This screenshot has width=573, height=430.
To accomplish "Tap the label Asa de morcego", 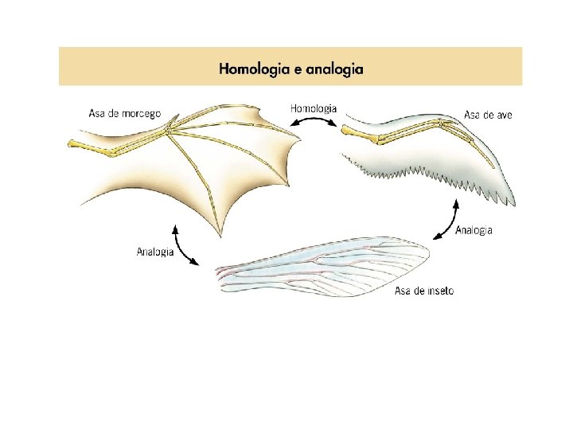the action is [124, 114].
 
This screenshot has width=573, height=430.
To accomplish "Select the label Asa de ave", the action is [488, 115].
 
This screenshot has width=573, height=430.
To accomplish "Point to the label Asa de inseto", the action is [424, 291].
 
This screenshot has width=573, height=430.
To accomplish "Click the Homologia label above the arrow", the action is [314, 108].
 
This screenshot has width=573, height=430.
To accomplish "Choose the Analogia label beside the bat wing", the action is [155, 252].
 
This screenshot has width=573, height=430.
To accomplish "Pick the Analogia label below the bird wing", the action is [474, 231].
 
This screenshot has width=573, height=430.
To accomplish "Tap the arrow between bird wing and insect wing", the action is [446, 221].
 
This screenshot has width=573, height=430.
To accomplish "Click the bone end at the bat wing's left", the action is [72, 144].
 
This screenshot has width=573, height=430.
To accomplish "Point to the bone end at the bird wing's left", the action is [349, 130].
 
